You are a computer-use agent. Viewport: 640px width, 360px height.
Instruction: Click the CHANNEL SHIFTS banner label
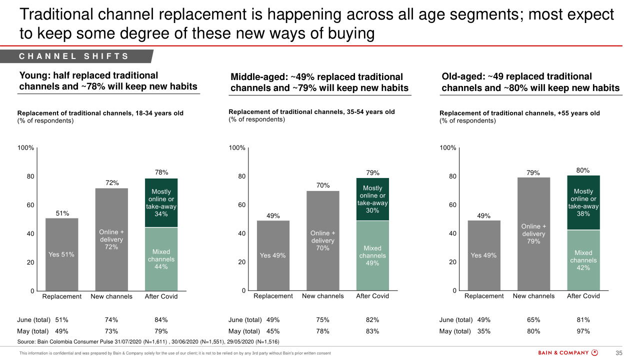pyautogui.click(x=74, y=56)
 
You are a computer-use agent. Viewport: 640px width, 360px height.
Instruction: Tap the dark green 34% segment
pyautogui.click(x=161, y=202)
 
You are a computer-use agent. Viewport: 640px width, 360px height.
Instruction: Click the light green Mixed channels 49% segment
pyautogui.click(x=372, y=255)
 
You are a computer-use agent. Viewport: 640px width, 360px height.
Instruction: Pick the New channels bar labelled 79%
pyautogui.click(x=533, y=234)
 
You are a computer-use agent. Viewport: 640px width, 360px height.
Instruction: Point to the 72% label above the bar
pyautogui.click(x=111, y=183)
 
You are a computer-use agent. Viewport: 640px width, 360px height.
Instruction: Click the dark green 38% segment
pyautogui.click(x=583, y=202)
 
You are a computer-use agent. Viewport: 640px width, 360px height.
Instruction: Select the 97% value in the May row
pyautogui.click(x=583, y=331)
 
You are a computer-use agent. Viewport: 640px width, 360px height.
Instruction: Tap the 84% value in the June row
pyautogui.click(x=161, y=320)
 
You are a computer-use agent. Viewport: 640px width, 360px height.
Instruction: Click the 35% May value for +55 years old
pyautogui.click(x=484, y=331)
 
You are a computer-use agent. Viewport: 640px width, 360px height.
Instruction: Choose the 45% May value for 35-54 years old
pyautogui.click(x=273, y=331)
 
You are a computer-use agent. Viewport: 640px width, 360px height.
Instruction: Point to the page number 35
pyautogui.click(x=618, y=353)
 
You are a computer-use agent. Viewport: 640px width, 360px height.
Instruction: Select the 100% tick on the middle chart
pyautogui.click(x=237, y=147)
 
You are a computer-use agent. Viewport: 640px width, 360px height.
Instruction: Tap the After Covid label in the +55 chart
pyautogui.click(x=583, y=296)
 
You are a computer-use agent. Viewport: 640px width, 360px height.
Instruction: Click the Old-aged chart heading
pyautogui.click(x=530, y=82)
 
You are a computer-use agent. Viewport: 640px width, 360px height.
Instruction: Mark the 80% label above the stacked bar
pyautogui.click(x=583, y=170)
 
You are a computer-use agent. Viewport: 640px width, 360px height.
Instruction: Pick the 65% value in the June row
pyautogui.click(x=533, y=320)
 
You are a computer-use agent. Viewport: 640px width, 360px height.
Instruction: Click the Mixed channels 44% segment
pyautogui.click(x=161, y=259)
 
